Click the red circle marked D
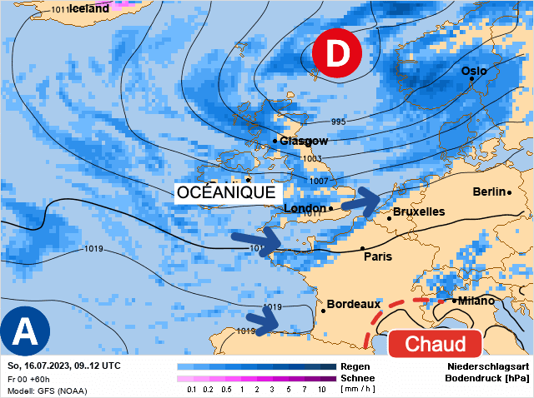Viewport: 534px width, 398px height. tap(336, 54)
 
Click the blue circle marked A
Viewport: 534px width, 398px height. tap(24, 331)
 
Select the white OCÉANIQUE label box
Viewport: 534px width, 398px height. tap(226, 192)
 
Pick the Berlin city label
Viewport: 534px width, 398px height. tap(490, 192)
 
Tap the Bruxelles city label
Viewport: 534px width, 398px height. tap(418, 212)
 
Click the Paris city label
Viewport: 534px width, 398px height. tap(377, 256)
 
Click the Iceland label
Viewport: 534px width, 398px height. tap(89, 8)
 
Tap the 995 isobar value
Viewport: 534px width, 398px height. tap(338, 122)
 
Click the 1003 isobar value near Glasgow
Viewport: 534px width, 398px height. tap(310, 159)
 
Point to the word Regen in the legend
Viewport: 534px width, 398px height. tap(355, 366)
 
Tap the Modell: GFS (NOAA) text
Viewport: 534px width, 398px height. tap(47, 391)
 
